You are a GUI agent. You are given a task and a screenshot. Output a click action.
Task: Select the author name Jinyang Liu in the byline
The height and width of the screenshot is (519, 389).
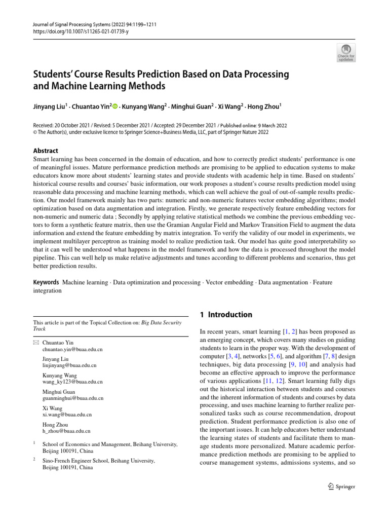click(49, 107)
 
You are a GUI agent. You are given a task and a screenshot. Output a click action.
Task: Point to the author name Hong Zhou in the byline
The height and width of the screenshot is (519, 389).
click(262, 107)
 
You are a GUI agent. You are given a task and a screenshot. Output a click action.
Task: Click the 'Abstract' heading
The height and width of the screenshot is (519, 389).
click(45, 151)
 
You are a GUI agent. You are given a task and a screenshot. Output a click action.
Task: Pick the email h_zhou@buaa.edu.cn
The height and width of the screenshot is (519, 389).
click(67, 431)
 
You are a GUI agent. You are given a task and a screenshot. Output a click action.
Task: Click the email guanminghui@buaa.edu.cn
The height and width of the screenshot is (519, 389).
click(73, 398)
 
